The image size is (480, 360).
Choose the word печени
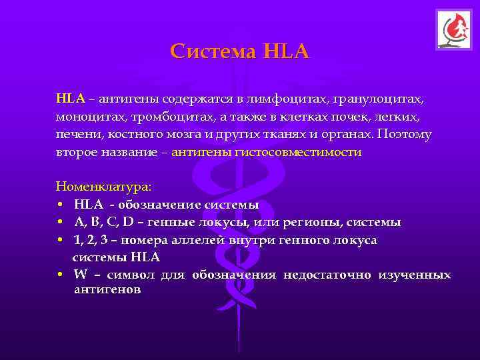77,134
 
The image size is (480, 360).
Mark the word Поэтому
404,134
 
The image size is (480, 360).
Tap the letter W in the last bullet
81,275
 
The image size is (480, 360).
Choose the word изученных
415,275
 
